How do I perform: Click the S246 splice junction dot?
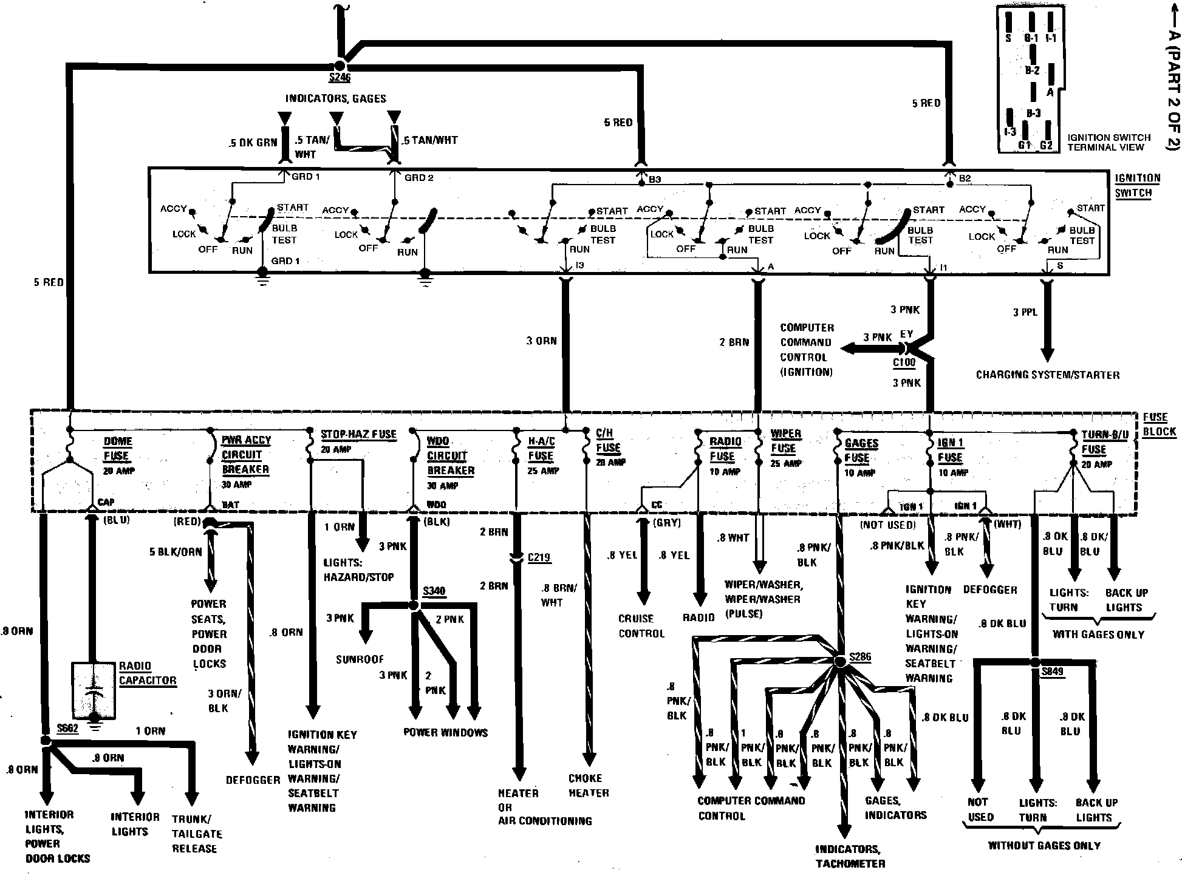tap(340, 66)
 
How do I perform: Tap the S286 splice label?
tap(860, 657)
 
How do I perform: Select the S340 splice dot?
tap(414, 606)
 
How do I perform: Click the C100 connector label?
tap(904, 362)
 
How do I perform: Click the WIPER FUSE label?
tap(785, 441)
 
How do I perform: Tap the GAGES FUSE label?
tap(861, 450)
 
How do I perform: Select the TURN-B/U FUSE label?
tap(1104, 443)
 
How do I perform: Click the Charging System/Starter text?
tap(1047, 375)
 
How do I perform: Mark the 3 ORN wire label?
tap(541, 341)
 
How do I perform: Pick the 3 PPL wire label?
tap(1025, 312)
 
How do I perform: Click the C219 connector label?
tap(539, 557)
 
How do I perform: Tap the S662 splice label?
tap(67, 728)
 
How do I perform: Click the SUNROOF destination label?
tap(360, 659)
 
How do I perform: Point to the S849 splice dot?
tap(1036, 661)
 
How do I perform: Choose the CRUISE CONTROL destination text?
tap(641, 626)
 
